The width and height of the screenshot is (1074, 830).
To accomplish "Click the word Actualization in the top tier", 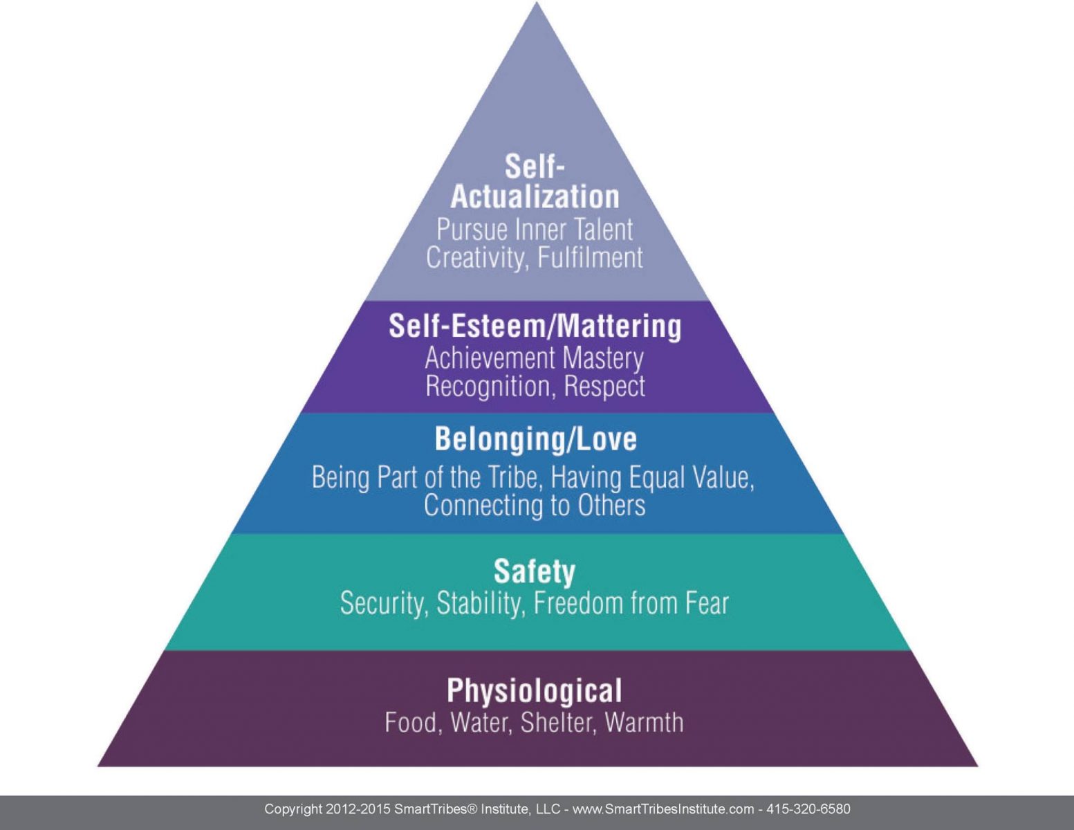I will [x=535, y=196].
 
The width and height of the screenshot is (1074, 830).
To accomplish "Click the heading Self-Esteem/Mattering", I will [x=535, y=326].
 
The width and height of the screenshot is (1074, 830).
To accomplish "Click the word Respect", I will [x=604, y=386].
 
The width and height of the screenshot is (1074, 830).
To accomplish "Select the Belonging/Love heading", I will [x=535, y=439].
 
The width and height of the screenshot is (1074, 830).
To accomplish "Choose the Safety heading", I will [x=534, y=571].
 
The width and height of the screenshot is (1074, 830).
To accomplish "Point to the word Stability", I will [x=478, y=603].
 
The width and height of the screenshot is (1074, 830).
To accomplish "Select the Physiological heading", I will [x=534, y=690].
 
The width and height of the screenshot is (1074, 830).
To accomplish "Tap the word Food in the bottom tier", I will [x=411, y=722].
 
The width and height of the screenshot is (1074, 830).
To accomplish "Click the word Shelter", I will [x=558, y=722].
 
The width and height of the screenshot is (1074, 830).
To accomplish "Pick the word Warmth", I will [x=644, y=722].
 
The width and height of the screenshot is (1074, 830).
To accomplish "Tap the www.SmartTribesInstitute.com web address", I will [x=663, y=809].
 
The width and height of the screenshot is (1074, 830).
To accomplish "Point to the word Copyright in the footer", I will [x=293, y=809].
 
